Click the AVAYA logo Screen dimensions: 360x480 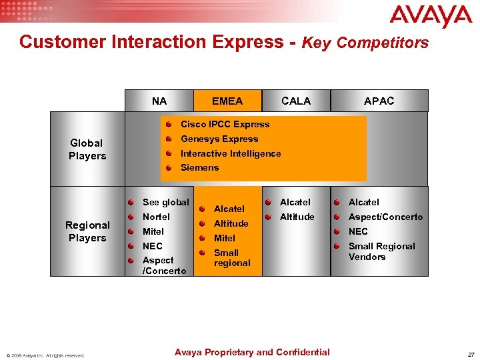pyautogui.click(x=431, y=17)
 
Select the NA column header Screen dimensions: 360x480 pyautogui.click(x=159, y=101)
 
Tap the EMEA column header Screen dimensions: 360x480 pyautogui.click(x=227, y=101)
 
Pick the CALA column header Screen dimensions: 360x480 pyautogui.click(x=296, y=101)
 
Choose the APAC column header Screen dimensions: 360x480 pyautogui.click(x=379, y=101)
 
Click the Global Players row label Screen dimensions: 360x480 pyautogui.click(x=87, y=149)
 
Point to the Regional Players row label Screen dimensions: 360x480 pyautogui.click(x=87, y=231)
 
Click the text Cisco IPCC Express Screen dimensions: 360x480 pyautogui.click(x=225, y=125)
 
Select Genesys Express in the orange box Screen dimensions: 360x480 pyautogui.click(x=219, y=139)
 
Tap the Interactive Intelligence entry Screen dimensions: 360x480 pyautogui.click(x=231, y=154)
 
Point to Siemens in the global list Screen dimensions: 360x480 pyautogui.click(x=200, y=168)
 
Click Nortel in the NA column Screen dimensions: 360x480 pyautogui.click(x=156, y=217)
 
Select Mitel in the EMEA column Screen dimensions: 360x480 pyautogui.click(x=225, y=238)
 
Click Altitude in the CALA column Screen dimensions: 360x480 pyautogui.click(x=297, y=217)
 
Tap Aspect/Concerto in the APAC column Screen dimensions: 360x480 pyautogui.click(x=385, y=217)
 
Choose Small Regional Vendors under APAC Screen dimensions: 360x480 pyautogui.click(x=381, y=251)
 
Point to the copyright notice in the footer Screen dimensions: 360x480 pyautogui.click(x=45, y=355)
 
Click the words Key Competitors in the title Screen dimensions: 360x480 pyautogui.click(x=365, y=43)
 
